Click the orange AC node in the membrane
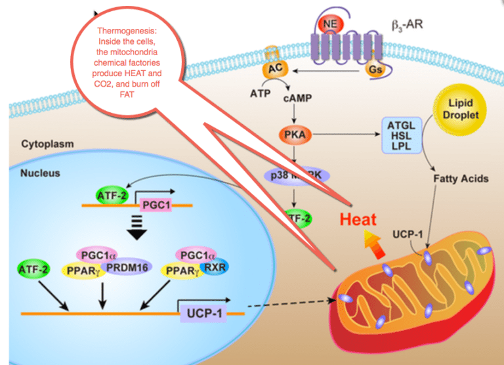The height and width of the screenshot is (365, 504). pos(274,68)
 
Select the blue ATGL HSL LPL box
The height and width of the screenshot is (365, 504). pos(402,135)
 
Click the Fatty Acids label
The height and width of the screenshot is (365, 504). pos(454,177)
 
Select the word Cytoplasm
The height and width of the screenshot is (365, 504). pos(47,142)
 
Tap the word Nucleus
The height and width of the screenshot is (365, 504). pos(40,173)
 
